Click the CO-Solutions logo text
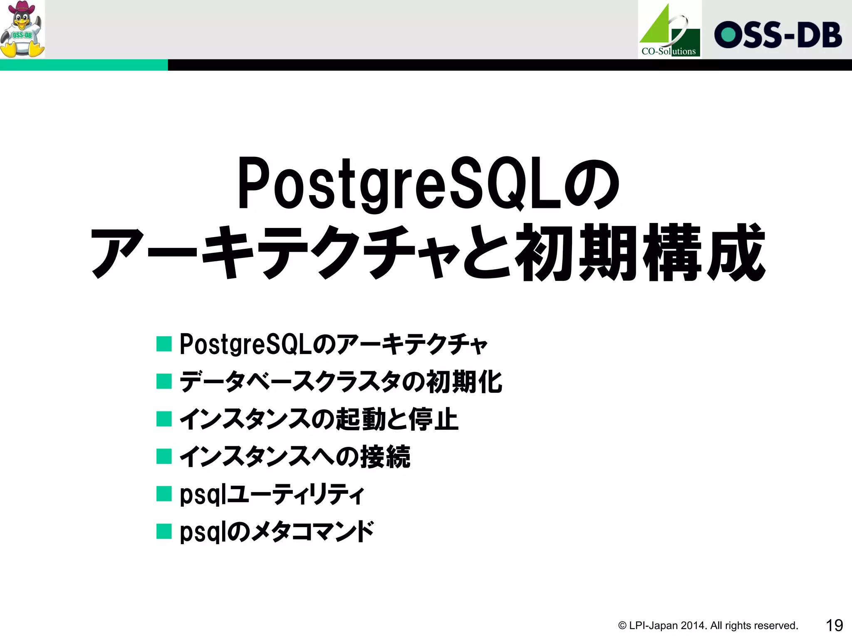669,52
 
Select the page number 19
834,625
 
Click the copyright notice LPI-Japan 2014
708,626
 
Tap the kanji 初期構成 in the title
641,253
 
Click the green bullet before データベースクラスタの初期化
164,381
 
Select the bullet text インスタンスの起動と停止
319,419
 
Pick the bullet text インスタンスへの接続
295,456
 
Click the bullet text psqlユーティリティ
272,494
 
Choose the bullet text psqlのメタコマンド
277,532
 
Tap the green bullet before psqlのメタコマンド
164,531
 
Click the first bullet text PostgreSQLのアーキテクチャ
333,344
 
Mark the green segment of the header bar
83,65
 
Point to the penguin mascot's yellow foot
37,51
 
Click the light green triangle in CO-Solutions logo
657,29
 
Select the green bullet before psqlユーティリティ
164,494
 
